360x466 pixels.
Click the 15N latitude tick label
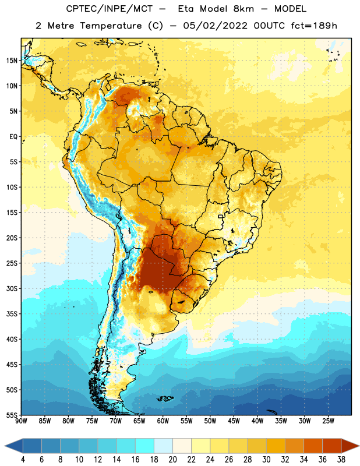[x=12, y=61]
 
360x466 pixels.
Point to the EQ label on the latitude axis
[x=13, y=137]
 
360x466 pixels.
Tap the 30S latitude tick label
[x=12, y=288]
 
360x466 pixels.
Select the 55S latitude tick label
[x=12, y=415]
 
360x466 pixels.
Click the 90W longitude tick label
[x=21, y=421]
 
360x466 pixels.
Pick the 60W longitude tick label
[x=163, y=421]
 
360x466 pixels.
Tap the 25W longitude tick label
[x=328, y=421]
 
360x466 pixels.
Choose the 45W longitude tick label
[x=234, y=421]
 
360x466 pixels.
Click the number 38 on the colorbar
[x=341, y=460]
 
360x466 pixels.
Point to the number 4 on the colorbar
[x=23, y=460]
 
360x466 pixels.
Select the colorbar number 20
[x=172, y=460]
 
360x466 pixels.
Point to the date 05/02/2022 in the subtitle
[x=215, y=26]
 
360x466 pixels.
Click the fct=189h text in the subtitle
[x=314, y=26]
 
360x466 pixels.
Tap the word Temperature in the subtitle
[x=111, y=26]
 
